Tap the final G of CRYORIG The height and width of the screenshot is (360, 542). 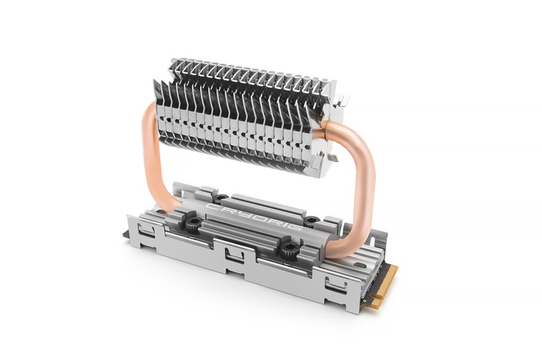point(297,229)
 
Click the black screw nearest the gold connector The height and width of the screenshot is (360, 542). point(289,249)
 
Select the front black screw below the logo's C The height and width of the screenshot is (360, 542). point(194,226)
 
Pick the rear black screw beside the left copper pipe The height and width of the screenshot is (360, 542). point(219,198)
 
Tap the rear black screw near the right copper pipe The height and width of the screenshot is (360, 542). point(312,221)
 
